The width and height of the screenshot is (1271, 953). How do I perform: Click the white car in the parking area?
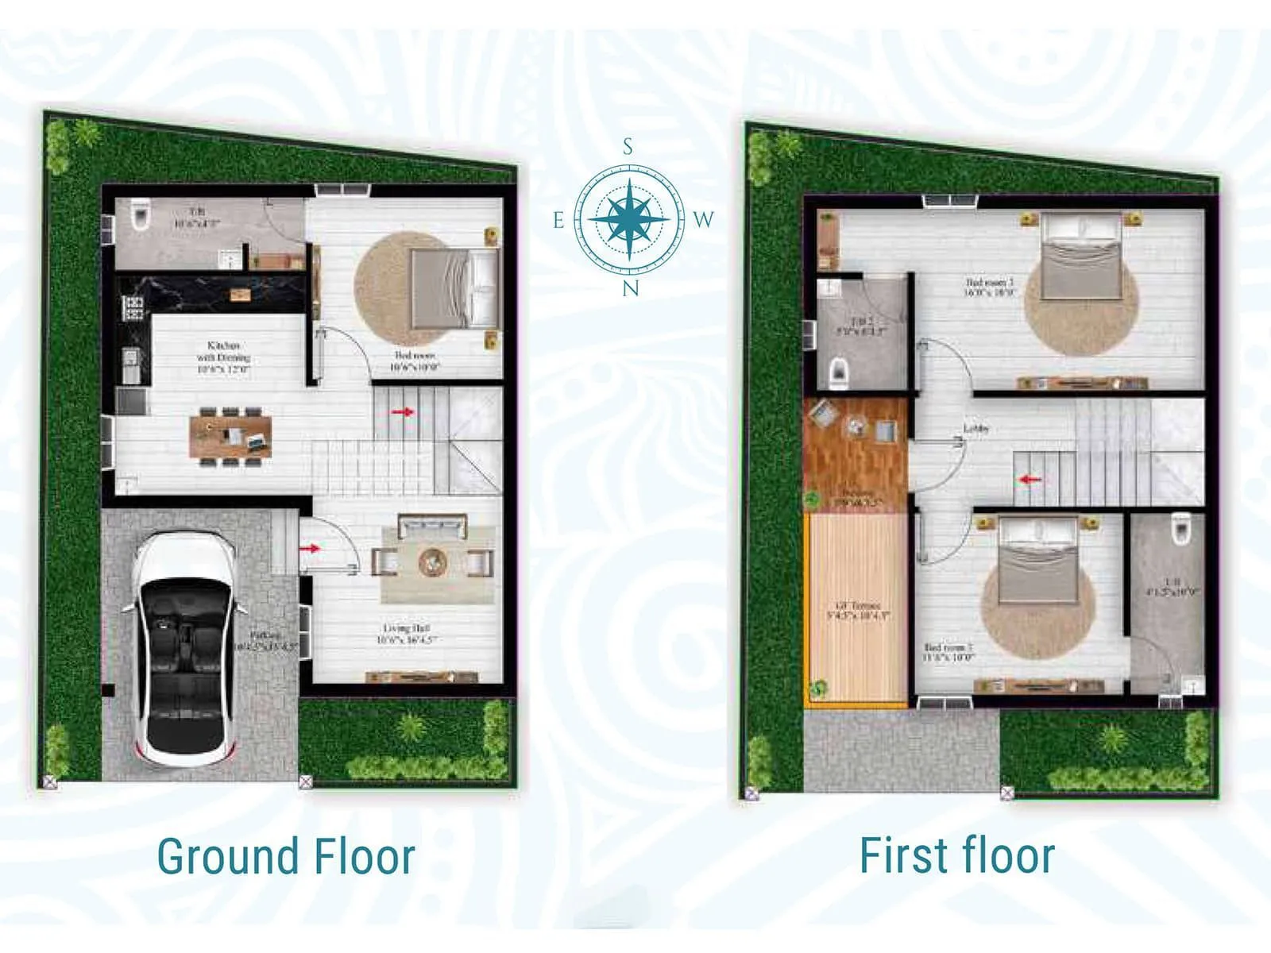pos(184,647)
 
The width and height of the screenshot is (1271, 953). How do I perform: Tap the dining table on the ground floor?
pos(230,436)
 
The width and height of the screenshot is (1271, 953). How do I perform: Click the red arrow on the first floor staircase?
pos(1030,480)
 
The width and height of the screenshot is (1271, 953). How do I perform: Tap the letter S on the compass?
pos(628,147)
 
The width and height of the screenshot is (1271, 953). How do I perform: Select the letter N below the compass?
pos(630,288)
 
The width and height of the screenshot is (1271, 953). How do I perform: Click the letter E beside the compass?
pos(559,221)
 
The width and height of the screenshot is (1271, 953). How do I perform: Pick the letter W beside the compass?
pos(703,220)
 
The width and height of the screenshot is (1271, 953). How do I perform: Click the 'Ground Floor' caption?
pos(286,856)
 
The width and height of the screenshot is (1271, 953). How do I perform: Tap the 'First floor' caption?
pos(956,855)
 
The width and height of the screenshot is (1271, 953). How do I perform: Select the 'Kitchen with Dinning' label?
pos(223,357)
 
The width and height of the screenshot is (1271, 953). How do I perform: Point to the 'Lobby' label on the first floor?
pos(976,429)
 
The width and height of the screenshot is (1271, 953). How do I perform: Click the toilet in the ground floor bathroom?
pos(140,214)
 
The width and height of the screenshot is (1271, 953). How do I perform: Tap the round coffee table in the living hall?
pos(433,561)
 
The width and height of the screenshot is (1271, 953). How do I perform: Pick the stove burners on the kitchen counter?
pos(133,307)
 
